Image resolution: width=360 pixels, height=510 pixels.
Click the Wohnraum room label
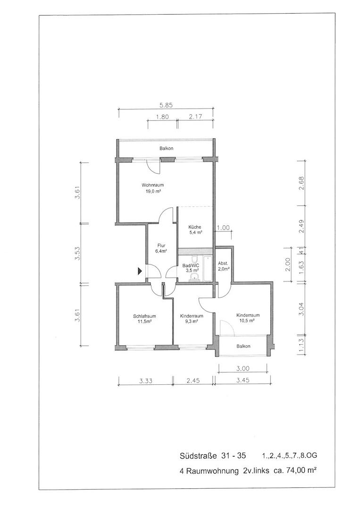click(152, 186)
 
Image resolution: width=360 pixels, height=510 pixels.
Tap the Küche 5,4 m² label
click(195, 229)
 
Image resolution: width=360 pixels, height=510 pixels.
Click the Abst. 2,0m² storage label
click(224, 266)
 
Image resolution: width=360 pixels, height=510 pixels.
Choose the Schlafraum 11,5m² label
click(144, 318)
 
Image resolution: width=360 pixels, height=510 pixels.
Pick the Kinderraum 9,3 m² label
click(192, 318)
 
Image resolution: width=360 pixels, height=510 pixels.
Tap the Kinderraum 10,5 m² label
click(248, 317)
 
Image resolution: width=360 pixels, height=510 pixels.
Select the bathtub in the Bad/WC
click(207, 269)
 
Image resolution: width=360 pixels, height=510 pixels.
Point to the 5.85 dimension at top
click(166, 105)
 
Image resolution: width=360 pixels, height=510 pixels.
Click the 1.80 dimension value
click(162, 117)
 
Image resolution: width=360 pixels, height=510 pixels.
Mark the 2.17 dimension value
click(195, 117)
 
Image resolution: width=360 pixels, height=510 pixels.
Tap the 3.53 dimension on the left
click(77, 254)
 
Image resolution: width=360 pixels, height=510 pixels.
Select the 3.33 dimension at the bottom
click(146, 381)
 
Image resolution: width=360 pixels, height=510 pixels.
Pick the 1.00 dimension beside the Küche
click(224, 228)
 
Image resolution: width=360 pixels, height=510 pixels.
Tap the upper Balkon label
click(167, 148)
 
